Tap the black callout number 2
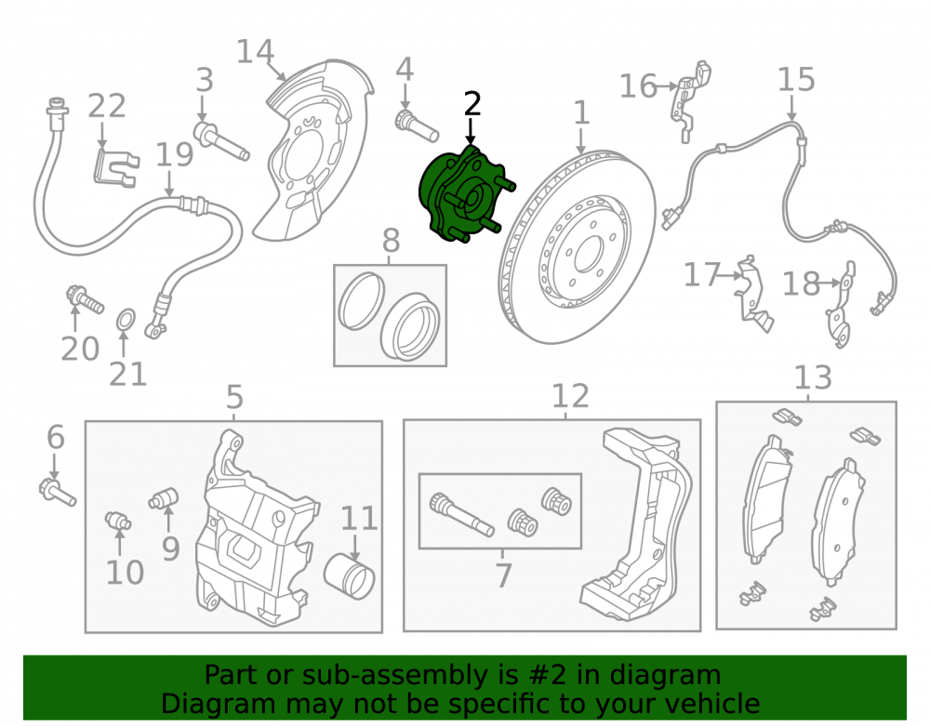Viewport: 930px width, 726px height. (472, 104)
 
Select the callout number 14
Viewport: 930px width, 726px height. (255, 51)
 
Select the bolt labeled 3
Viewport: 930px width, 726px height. (221, 141)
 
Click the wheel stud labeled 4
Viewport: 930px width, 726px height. (417, 125)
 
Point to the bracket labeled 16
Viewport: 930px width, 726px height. (690, 100)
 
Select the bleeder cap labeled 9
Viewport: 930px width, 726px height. (165, 498)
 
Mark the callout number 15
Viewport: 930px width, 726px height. (796, 79)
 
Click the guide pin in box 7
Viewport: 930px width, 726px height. (461, 514)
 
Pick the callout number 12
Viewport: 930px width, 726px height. (571, 396)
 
